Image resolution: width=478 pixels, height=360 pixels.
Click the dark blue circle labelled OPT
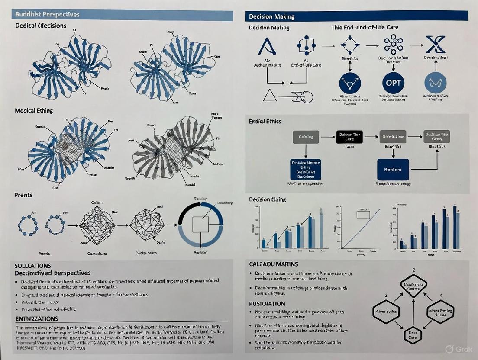point(393,82)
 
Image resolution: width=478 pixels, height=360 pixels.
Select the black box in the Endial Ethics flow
point(349,137)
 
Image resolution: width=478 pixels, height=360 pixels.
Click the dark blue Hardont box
point(393,170)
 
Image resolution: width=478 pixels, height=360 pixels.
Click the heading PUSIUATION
point(267,304)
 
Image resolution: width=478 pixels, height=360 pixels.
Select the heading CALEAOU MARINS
point(274,264)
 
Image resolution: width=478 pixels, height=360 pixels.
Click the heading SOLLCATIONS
point(32,265)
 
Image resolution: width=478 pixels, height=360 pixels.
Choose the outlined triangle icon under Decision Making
point(270,95)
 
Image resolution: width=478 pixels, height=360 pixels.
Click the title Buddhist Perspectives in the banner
point(47,14)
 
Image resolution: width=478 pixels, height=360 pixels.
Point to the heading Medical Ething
point(34,110)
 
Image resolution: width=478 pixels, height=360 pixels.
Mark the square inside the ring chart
point(200,225)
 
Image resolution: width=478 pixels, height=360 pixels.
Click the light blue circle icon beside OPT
point(435,82)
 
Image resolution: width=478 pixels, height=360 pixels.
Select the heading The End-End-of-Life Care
point(365,27)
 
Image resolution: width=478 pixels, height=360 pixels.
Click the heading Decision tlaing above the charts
point(267,199)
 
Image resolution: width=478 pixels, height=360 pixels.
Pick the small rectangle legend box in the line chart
point(363,213)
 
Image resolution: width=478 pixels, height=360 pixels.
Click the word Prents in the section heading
point(23,195)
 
